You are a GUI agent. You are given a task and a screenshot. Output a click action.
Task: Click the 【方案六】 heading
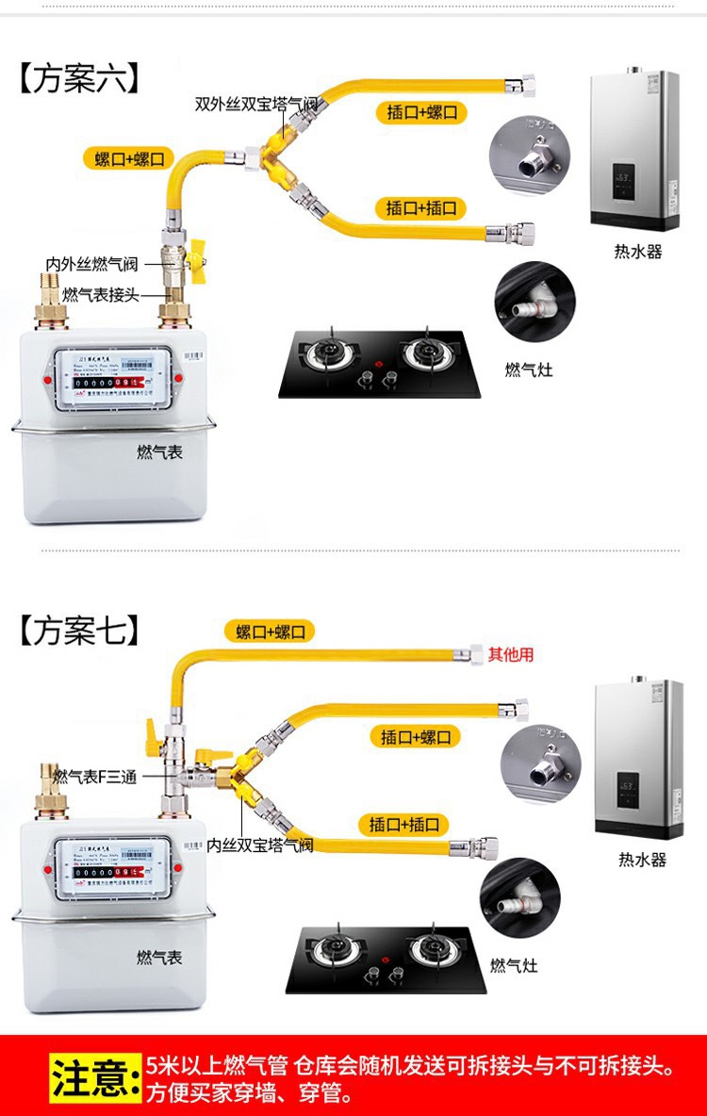tap(80, 78)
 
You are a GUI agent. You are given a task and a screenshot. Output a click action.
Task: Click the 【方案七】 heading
tap(80, 630)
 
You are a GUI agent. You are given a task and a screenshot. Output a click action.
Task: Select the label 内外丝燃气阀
tap(92, 265)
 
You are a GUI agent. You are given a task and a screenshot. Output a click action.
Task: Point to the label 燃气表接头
tap(101, 295)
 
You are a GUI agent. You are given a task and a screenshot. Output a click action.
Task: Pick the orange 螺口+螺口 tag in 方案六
tap(130, 157)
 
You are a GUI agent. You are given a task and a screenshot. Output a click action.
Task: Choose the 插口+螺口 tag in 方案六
tap(421, 112)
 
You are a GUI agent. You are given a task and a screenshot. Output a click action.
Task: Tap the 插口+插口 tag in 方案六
tap(421, 207)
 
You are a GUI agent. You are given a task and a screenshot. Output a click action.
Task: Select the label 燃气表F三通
tap(95, 777)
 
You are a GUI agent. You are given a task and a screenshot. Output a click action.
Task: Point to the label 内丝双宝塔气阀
tap(260, 845)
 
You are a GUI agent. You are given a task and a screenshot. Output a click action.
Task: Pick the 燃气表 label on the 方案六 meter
tap(159, 452)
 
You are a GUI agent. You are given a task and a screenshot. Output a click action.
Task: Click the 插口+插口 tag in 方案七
tap(404, 825)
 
